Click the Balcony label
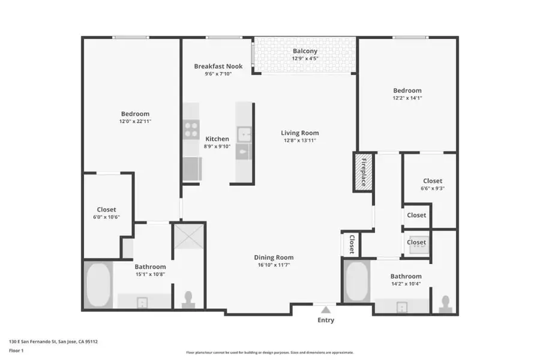(x=305, y=51)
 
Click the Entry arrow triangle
(x=325, y=310)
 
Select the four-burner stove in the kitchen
(x=191, y=130)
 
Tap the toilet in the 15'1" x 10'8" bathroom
(x=188, y=300)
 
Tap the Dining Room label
(x=274, y=257)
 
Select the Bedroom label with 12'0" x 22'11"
(x=135, y=113)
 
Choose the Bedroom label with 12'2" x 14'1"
(x=407, y=91)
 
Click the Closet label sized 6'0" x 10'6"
(x=106, y=209)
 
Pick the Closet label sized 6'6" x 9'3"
(x=432, y=181)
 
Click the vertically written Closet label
(x=352, y=244)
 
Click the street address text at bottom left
(x=53, y=341)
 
